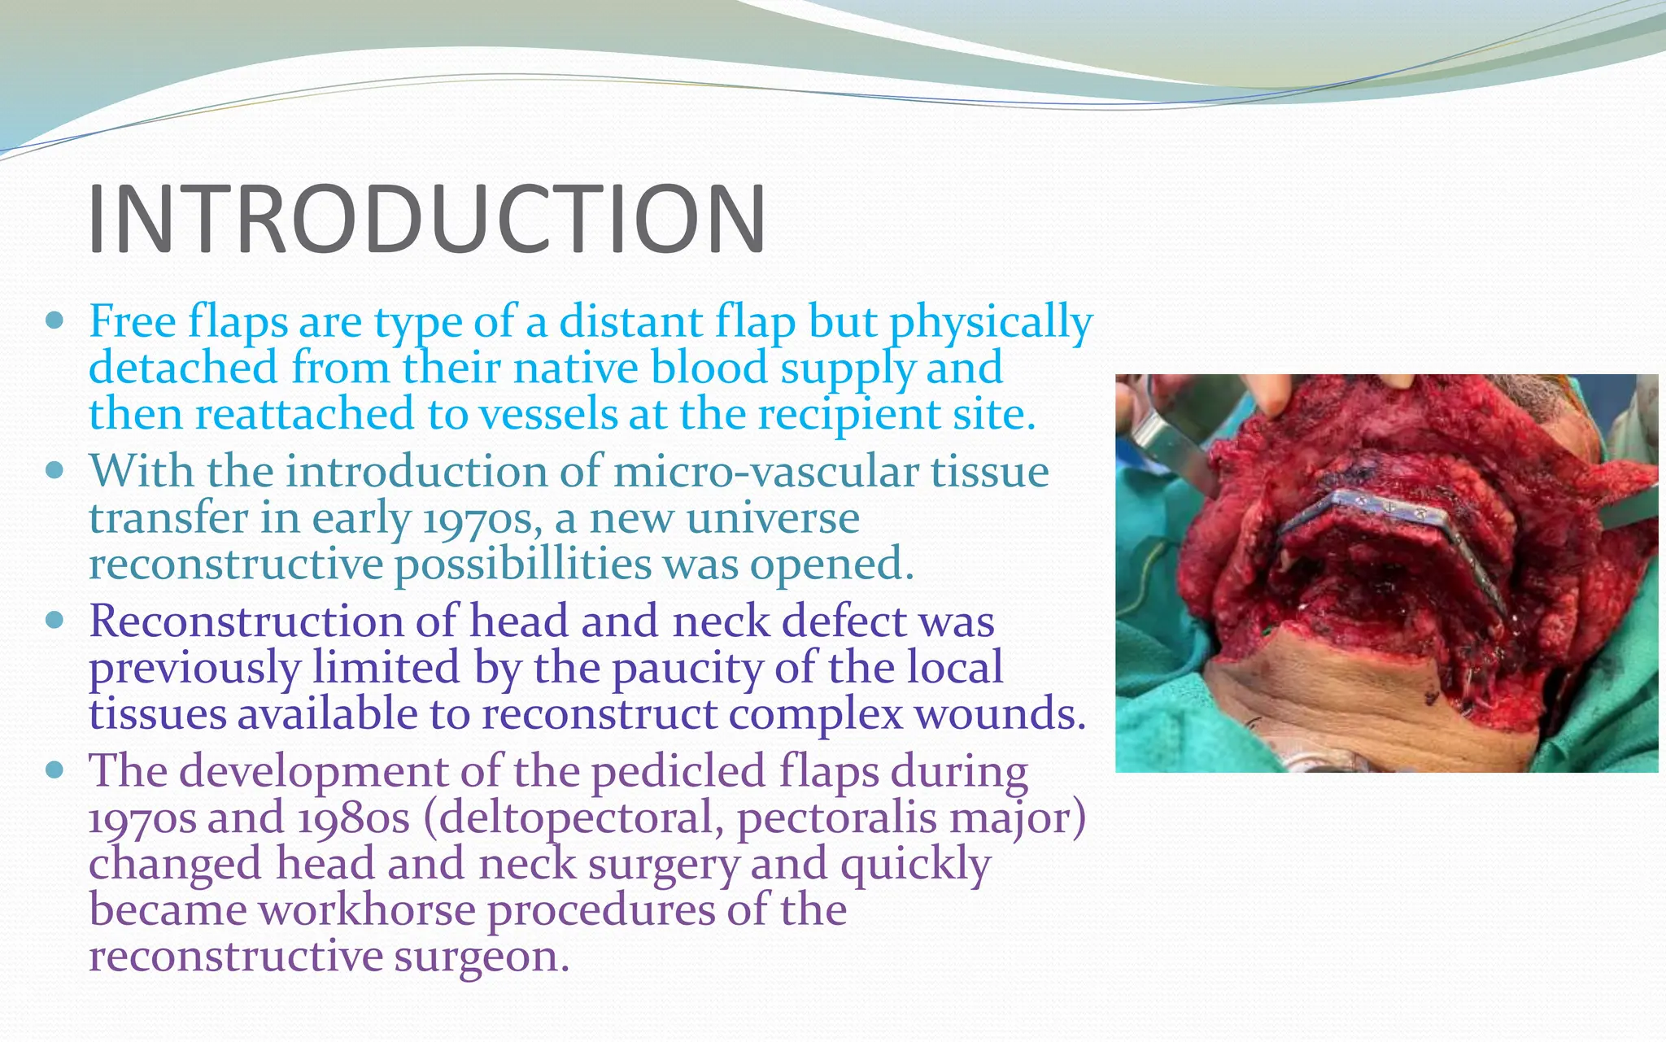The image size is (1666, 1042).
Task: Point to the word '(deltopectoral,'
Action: pyautogui.click(x=573, y=818)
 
